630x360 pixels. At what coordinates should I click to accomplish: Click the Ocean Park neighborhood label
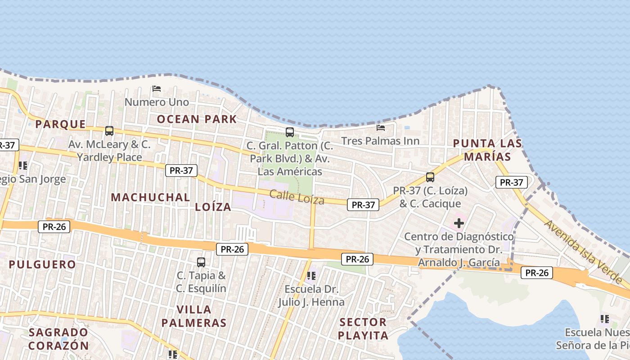coord(197,119)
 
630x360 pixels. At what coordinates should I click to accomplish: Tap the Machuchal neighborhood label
coord(150,197)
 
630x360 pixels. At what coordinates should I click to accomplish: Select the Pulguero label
coord(42,264)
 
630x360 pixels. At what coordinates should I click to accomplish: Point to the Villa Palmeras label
coord(194,316)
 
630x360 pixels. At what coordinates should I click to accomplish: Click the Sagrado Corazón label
coord(58,339)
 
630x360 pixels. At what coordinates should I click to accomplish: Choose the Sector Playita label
coord(363,328)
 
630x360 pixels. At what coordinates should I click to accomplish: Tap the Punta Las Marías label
coord(487,150)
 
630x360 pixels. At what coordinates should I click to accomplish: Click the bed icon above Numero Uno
coord(157,89)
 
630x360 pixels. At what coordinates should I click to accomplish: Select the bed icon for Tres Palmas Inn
coord(381,128)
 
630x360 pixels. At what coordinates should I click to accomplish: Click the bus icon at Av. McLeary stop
coord(109,131)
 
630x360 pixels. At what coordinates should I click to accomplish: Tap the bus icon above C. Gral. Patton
coord(290,132)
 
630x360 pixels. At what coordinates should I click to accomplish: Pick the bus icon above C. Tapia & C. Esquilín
coord(201,262)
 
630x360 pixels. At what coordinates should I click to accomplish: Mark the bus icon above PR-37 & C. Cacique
coord(430,177)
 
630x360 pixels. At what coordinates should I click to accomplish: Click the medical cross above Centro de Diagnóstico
coord(459,223)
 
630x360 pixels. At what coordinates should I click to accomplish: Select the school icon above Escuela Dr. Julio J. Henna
coord(311,275)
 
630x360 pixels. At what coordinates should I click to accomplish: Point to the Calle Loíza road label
coord(297,197)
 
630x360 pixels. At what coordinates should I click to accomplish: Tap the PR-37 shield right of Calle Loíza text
coord(363,205)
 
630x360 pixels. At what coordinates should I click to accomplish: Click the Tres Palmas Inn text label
coord(380,141)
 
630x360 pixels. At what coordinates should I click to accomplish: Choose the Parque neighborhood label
coord(60,124)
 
